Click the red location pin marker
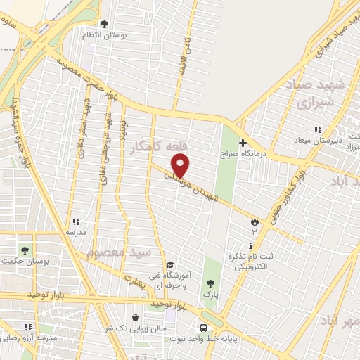point(181,165)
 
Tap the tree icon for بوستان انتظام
point(105,25)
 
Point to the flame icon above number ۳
point(254,222)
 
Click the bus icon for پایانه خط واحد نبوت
point(203,328)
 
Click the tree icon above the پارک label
point(210,283)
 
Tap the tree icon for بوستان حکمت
point(26,250)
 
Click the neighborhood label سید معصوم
point(119,251)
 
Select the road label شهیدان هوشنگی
point(201,189)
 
